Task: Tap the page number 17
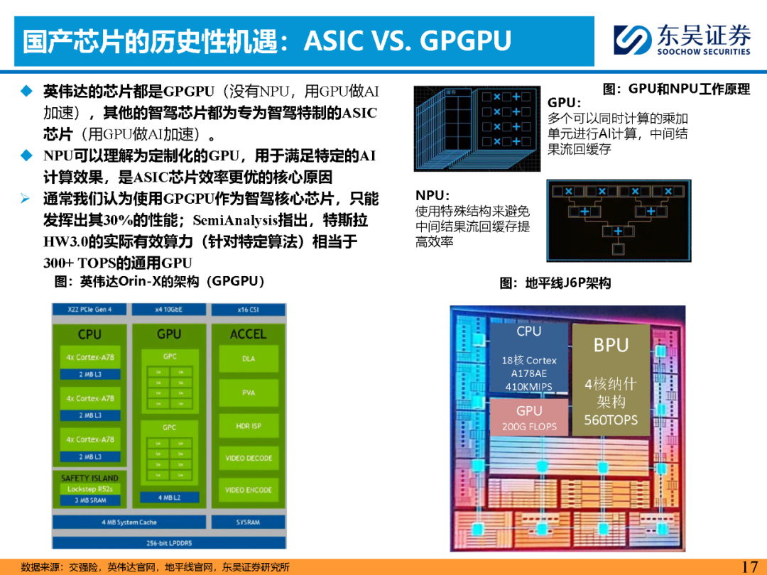749,566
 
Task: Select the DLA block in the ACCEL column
249,359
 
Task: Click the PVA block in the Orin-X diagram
249,393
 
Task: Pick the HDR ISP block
249,426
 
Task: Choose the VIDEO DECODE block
249,458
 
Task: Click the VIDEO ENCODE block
249,490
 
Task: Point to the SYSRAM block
248,522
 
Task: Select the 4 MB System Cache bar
129,522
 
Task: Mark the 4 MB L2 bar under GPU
169,497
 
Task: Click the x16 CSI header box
248,310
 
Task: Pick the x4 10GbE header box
169,310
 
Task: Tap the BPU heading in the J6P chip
611,345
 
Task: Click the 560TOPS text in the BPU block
611,420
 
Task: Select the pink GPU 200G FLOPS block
529,417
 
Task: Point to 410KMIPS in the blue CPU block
529,387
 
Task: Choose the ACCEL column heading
248,334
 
